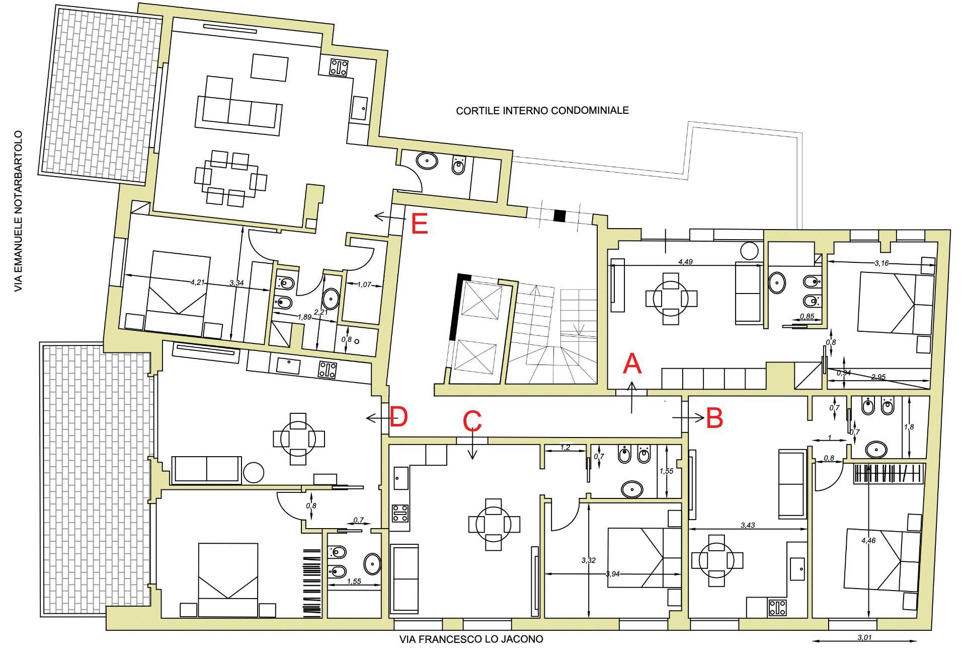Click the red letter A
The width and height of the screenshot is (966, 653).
click(x=632, y=364)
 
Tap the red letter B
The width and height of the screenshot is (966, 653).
click(x=714, y=418)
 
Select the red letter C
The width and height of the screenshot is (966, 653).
click(x=472, y=421)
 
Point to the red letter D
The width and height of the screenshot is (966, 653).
click(x=398, y=417)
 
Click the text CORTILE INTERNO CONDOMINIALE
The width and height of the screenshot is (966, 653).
click(x=542, y=110)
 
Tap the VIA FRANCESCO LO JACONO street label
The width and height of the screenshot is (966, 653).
click(x=471, y=639)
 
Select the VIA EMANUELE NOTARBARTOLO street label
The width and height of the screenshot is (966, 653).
click(x=19, y=211)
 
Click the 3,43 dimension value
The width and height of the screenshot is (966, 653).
click(x=748, y=526)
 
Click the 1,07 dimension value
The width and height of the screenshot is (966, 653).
click(x=364, y=284)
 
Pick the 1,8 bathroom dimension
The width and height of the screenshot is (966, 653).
click(x=909, y=427)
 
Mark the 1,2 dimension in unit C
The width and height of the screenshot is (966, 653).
click(x=566, y=447)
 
